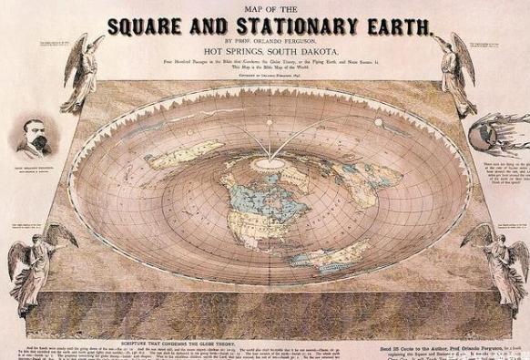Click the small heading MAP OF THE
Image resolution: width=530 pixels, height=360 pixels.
click(x=266, y=8)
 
